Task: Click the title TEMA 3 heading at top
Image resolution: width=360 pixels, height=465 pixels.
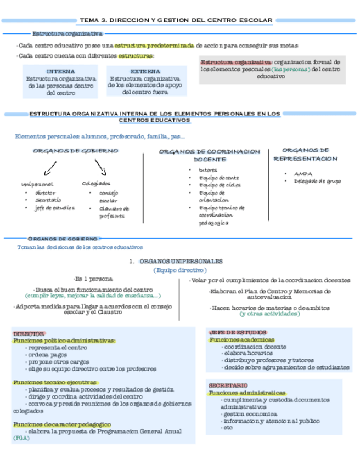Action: pos(176,20)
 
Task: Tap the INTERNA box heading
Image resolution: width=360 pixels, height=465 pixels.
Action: pos(60,71)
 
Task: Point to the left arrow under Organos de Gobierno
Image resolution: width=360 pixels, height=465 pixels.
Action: pos(50,167)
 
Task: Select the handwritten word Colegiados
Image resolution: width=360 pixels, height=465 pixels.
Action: pos(96,183)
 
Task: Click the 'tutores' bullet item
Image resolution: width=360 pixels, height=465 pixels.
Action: pos(208,170)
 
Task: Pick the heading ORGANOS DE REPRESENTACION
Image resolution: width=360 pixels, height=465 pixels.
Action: pos(305,154)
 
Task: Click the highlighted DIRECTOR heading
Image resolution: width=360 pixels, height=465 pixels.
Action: pos(29,333)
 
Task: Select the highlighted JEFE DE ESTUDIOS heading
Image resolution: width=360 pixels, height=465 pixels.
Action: pos(238,332)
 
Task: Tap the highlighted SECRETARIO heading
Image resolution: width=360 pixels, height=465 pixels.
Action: pos(228,385)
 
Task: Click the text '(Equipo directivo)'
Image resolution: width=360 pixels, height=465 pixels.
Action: pos(179,270)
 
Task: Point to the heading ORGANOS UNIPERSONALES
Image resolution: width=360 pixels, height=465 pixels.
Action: pos(181,262)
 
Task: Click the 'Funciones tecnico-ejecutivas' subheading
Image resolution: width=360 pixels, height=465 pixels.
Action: pos(55,382)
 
